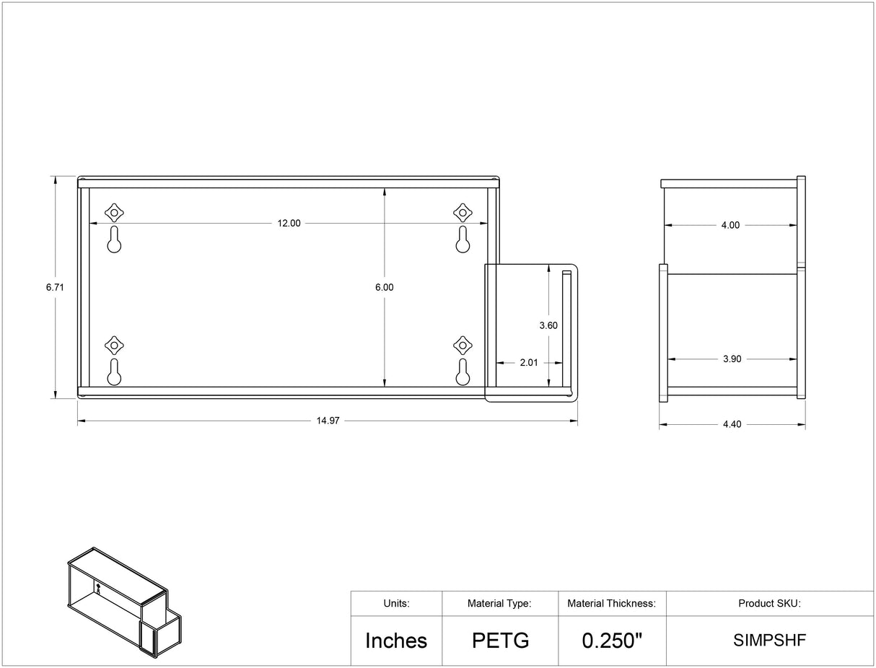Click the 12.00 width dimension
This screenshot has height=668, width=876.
pos(289,224)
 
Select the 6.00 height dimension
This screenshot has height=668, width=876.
pos(385,287)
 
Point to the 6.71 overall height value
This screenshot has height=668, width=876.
pos(55,287)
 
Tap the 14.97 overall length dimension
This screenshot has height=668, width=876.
pos(328,421)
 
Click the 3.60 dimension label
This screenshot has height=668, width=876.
pos(548,325)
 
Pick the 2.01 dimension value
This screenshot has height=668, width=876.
pos(529,363)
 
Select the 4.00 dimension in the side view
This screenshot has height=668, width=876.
pos(730,225)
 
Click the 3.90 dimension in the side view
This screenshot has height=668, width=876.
pos(732,359)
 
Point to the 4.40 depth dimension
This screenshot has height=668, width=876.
pos(732,425)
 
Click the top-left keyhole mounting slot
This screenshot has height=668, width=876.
pos(114,239)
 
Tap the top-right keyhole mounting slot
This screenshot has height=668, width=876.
pos(463,239)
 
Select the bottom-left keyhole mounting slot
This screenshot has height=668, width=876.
pos(114,372)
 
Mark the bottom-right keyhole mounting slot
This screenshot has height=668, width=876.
pos(463,372)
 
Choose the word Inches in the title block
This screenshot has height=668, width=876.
pos(396,641)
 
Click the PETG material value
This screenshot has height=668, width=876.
pos(500,641)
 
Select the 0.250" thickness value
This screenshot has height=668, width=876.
pos(612,641)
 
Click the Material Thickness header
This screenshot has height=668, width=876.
pos(612,604)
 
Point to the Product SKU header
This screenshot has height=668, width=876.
pos(769,604)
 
